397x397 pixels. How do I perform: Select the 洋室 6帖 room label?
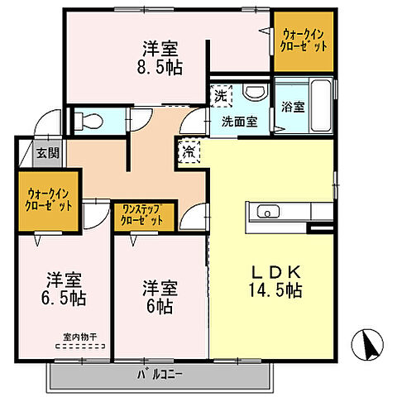coord(160,296)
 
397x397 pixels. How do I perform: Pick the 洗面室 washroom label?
coord(238,122)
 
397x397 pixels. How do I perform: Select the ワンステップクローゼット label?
coord(143,214)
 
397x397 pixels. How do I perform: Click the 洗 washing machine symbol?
coord(221,95)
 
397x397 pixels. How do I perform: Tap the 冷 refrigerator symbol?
coord(189,152)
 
